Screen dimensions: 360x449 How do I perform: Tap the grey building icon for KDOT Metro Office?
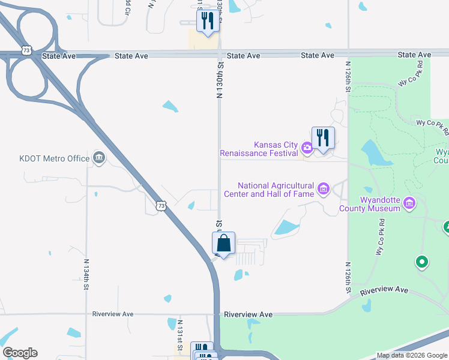pyautogui.click(x=99, y=158)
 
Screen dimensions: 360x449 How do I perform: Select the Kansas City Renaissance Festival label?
pyautogui.click(x=276, y=149)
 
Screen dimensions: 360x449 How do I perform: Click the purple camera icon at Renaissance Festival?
pyautogui.click(x=307, y=147)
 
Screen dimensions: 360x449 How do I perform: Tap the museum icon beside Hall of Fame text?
pyautogui.click(x=324, y=190)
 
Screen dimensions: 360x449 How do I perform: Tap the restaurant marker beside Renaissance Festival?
pyautogui.click(x=323, y=139)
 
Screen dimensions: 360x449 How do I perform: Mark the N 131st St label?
pyautogui.click(x=180, y=332)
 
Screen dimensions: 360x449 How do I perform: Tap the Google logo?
pyautogui.click(x=20, y=353)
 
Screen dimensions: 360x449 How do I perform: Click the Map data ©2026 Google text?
pyautogui.click(x=412, y=356)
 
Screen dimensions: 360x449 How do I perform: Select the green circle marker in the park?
pyautogui.click(x=421, y=262)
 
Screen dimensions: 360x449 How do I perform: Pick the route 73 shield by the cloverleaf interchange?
pyautogui.click(x=25, y=51)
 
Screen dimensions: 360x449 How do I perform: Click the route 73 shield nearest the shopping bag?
pyautogui.click(x=159, y=206)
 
